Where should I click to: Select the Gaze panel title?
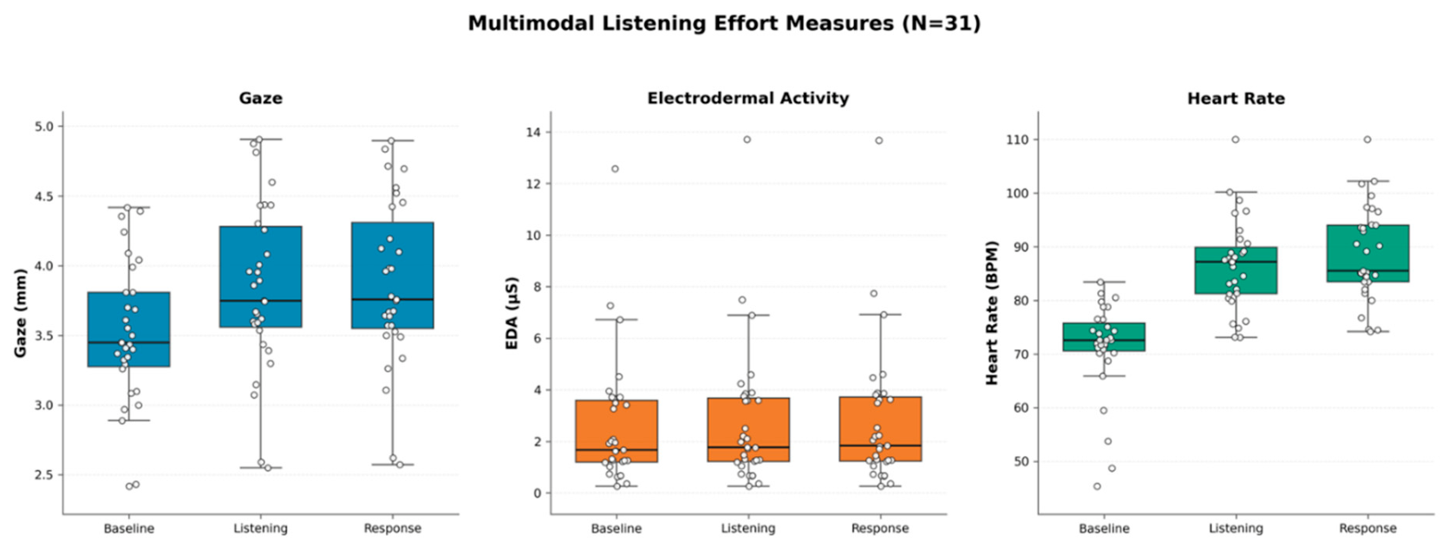click(261, 98)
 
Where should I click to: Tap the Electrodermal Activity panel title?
click(747, 98)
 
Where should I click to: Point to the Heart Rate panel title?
click(1236, 98)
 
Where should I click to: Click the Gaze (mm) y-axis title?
click(20, 313)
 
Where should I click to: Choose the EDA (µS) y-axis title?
click(512, 313)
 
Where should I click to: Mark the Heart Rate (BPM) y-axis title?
click(992, 313)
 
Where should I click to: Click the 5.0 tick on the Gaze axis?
click(44, 126)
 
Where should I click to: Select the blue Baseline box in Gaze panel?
click(128, 329)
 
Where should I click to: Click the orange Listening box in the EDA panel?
click(748, 429)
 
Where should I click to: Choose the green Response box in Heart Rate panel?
click(1367, 253)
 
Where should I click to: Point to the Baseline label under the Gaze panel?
click(128, 528)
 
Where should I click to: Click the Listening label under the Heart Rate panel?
click(1236, 528)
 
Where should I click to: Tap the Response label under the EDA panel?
click(880, 528)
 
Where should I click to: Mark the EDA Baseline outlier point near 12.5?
click(615, 169)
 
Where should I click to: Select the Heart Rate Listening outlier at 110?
click(1236, 140)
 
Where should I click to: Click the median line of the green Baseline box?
click(1104, 340)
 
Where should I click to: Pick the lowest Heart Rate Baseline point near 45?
click(1097, 486)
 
